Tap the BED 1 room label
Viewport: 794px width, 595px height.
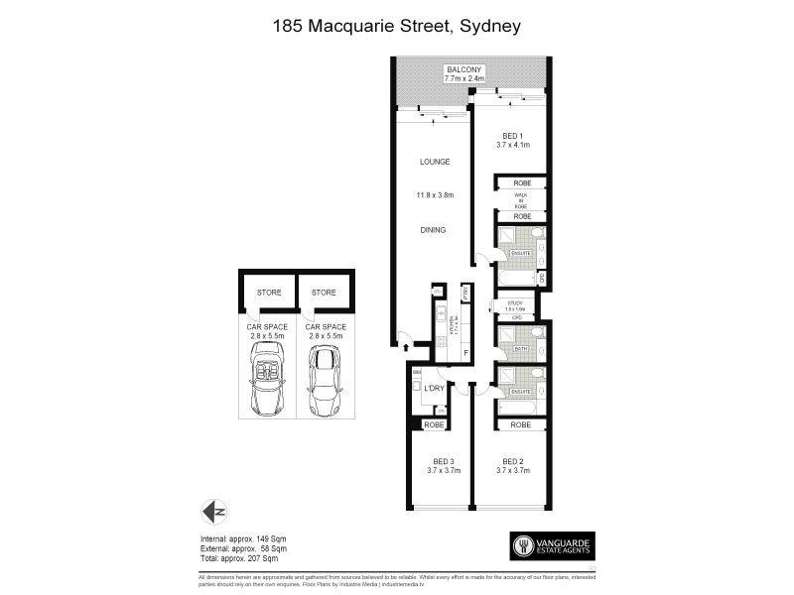[x=512, y=136]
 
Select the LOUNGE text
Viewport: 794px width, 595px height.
[x=435, y=162]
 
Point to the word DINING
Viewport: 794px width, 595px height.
[x=433, y=230]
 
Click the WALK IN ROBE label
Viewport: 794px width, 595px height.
[x=521, y=199]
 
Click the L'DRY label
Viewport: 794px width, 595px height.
[x=433, y=389]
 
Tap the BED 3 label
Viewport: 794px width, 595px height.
[x=443, y=461]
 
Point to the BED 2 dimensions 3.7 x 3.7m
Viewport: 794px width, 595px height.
[x=513, y=471]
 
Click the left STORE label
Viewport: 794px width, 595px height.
[x=269, y=293]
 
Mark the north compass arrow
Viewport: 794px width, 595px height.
[x=212, y=513]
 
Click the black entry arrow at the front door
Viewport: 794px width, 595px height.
[x=406, y=346]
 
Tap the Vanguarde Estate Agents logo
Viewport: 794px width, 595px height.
[x=552, y=545]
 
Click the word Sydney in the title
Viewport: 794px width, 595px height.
[x=487, y=27]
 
